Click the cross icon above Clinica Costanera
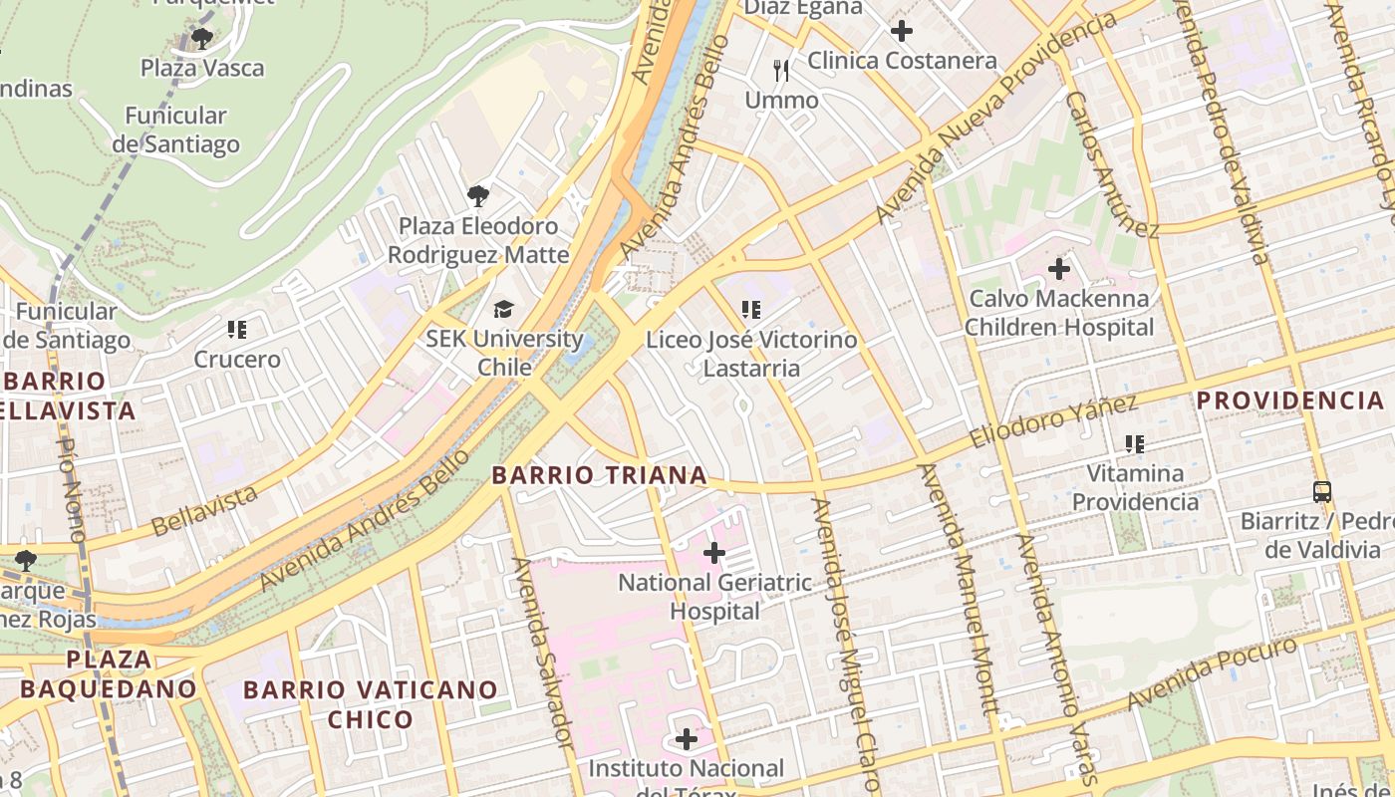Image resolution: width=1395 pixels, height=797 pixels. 902,31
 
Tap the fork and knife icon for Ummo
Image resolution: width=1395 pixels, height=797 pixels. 782,71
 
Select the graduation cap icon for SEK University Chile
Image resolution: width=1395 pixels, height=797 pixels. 504,309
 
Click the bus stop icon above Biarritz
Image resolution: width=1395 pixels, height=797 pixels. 1322,491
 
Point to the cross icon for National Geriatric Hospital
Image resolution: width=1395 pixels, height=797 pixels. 714,552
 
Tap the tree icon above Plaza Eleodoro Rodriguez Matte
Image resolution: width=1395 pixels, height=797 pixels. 478,195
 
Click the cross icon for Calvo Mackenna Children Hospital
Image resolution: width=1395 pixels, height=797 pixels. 1059,268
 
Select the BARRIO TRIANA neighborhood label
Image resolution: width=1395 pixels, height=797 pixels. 600,475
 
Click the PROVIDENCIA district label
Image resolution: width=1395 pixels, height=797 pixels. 1290,400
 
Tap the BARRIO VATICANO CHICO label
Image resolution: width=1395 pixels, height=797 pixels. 371,704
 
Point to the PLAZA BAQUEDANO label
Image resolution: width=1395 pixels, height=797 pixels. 109,673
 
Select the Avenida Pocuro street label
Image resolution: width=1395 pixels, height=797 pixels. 1212,673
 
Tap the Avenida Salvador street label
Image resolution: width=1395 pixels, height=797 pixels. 543,653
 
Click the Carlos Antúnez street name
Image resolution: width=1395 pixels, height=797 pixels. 1111,165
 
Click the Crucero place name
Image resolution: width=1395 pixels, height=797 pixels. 237,359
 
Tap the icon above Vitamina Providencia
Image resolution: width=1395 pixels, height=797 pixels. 1134,443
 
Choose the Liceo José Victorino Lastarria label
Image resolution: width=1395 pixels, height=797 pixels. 751,354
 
